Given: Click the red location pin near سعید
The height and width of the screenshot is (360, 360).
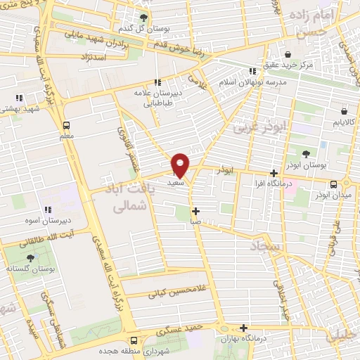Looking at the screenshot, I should click(181, 165).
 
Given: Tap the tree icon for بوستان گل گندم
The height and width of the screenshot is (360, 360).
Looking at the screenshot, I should click(145, 17).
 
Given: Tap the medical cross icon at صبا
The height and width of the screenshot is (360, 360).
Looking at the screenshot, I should click(195, 211).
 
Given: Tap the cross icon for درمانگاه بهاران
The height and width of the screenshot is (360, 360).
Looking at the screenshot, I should click(243, 328).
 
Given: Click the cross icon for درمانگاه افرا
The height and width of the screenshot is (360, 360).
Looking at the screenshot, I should click(274, 173).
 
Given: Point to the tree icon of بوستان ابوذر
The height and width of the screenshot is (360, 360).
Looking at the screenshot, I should click(307, 153).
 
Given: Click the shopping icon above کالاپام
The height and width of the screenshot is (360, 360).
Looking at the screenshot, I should click(344, 110).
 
